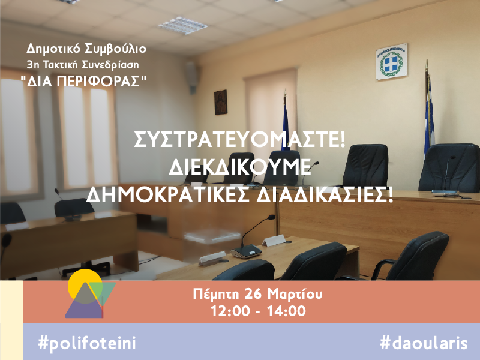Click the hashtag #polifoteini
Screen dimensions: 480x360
pyautogui.click(x=87, y=343)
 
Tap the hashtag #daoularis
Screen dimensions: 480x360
pyautogui.click(x=424, y=343)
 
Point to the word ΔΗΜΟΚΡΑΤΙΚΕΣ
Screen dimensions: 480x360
pyautogui.click(x=167, y=195)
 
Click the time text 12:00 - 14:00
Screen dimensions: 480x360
pyautogui.click(x=258, y=311)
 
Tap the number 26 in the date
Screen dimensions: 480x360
pyautogui.click(x=253, y=295)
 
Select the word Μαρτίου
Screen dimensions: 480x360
pyautogui.click(x=295, y=295)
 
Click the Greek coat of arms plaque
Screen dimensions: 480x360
pyautogui.click(x=391, y=62)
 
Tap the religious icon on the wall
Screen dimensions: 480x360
pyautogui.click(x=221, y=102)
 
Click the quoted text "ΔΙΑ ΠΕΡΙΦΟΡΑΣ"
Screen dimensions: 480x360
pyautogui.click(x=83, y=81)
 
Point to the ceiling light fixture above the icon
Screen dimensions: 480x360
pyautogui.click(x=183, y=25)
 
